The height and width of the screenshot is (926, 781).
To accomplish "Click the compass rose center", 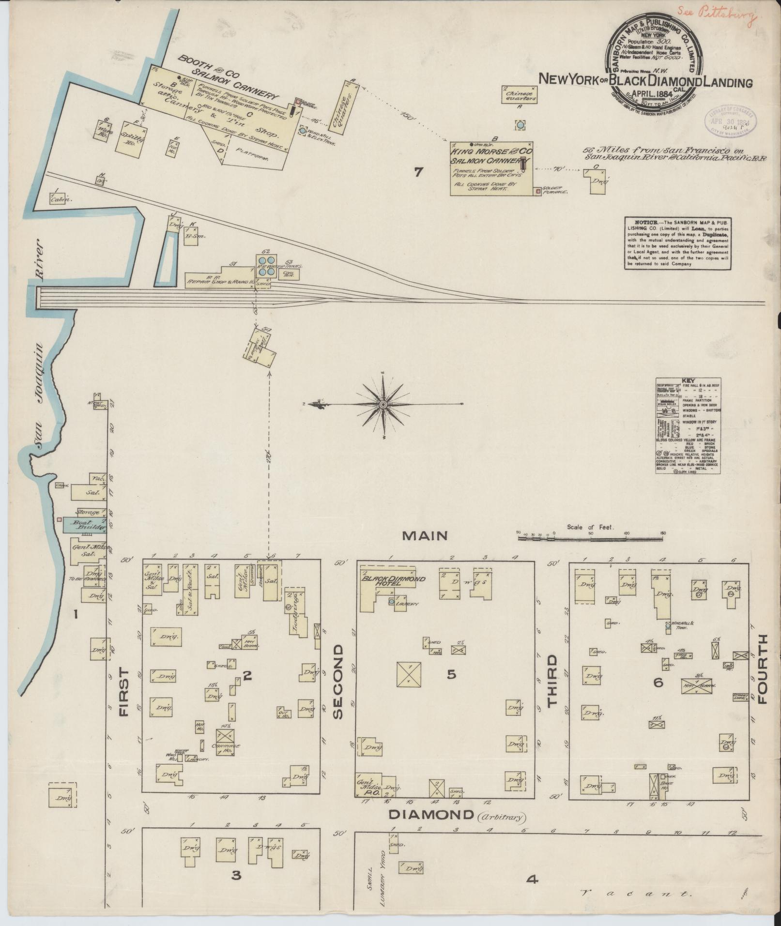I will [x=383, y=404].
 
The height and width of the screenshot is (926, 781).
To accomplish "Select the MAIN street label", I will [x=425, y=535].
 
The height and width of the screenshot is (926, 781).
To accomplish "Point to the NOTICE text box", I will [x=677, y=243].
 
